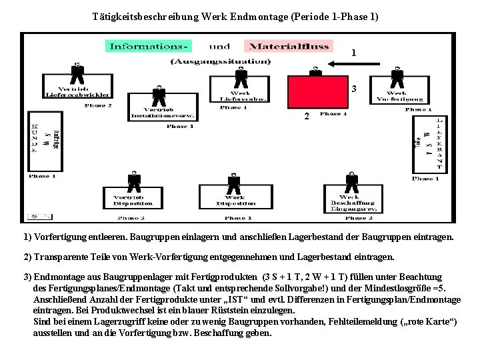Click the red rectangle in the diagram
point(317,93)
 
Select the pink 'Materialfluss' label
point(288,46)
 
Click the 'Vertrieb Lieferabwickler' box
point(77,91)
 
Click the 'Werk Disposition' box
point(235,201)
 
